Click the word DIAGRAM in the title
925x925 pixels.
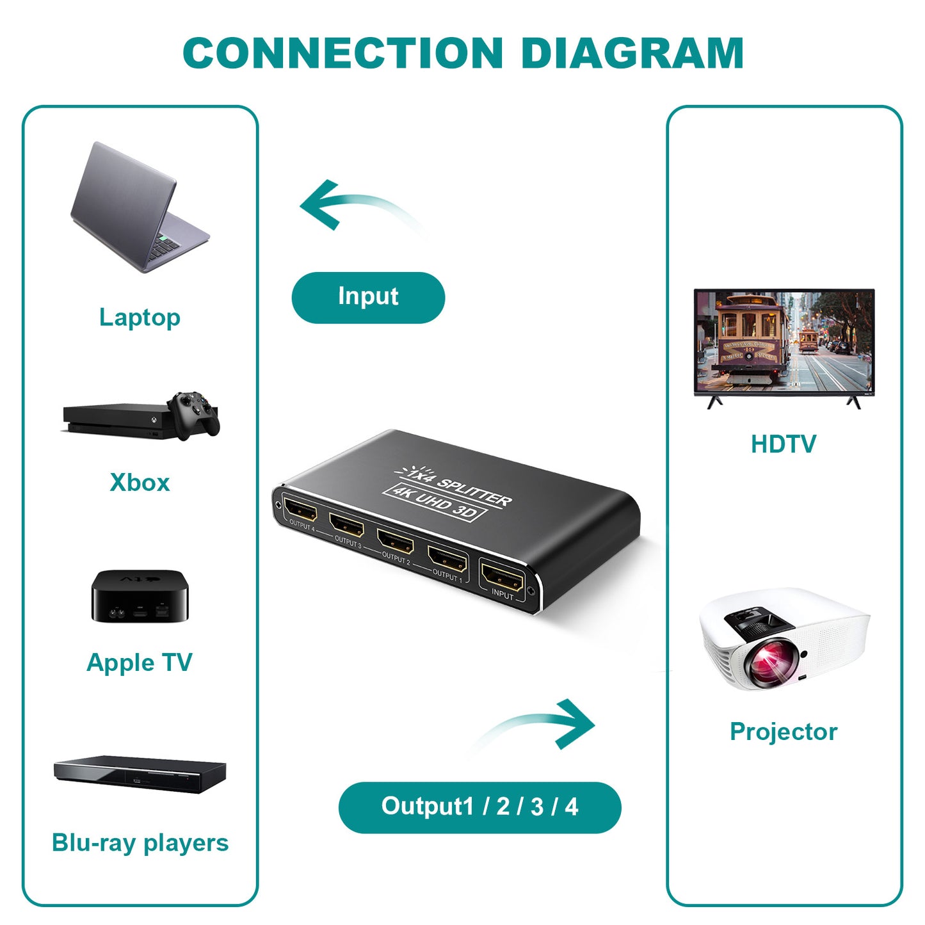coord(632,53)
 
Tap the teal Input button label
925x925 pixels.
coord(368,297)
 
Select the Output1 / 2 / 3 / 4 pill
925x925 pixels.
coord(479,807)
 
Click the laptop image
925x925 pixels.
coord(138,208)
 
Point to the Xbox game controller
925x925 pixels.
coord(195,414)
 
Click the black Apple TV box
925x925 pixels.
coord(140,596)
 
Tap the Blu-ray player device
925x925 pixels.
coord(140,774)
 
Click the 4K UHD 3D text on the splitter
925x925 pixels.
coord(435,503)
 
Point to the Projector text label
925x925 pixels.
coord(783,731)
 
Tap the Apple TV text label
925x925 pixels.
coord(140,663)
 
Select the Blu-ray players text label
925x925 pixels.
coord(140,843)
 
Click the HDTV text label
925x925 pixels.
coord(783,444)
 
